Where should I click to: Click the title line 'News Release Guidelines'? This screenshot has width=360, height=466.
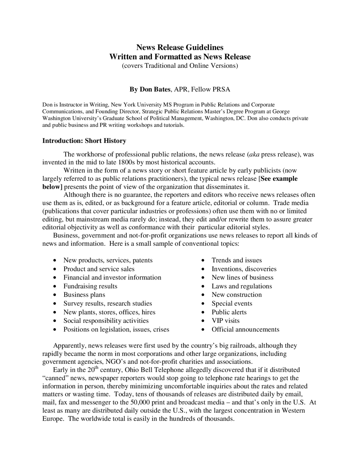180,47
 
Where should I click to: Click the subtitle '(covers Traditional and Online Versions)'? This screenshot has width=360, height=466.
180,66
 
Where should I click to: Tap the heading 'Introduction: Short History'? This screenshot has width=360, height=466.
84,141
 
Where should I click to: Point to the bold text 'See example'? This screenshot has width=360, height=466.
279,179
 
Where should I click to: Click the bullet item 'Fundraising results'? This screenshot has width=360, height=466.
90,286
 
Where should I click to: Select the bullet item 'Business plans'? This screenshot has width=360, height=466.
84,295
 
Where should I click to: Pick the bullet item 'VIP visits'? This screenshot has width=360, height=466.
226,321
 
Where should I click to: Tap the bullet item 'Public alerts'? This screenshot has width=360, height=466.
229,312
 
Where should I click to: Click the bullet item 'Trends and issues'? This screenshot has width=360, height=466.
237,260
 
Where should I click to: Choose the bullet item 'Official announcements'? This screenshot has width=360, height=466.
245,330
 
